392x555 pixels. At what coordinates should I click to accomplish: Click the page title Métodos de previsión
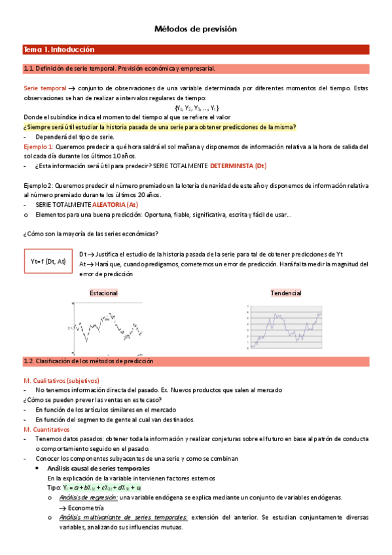195,29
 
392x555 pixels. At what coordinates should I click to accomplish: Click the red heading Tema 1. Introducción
60,50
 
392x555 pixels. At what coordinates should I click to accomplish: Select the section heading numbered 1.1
119,68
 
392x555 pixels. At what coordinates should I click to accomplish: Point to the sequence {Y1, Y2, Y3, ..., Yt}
196,107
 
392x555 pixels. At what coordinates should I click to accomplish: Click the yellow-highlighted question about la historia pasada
160,127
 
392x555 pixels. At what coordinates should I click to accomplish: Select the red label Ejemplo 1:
39,147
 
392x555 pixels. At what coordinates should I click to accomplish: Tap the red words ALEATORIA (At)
115,205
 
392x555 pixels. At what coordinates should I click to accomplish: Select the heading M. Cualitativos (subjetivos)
61,380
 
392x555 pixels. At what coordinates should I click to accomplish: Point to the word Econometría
85,507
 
